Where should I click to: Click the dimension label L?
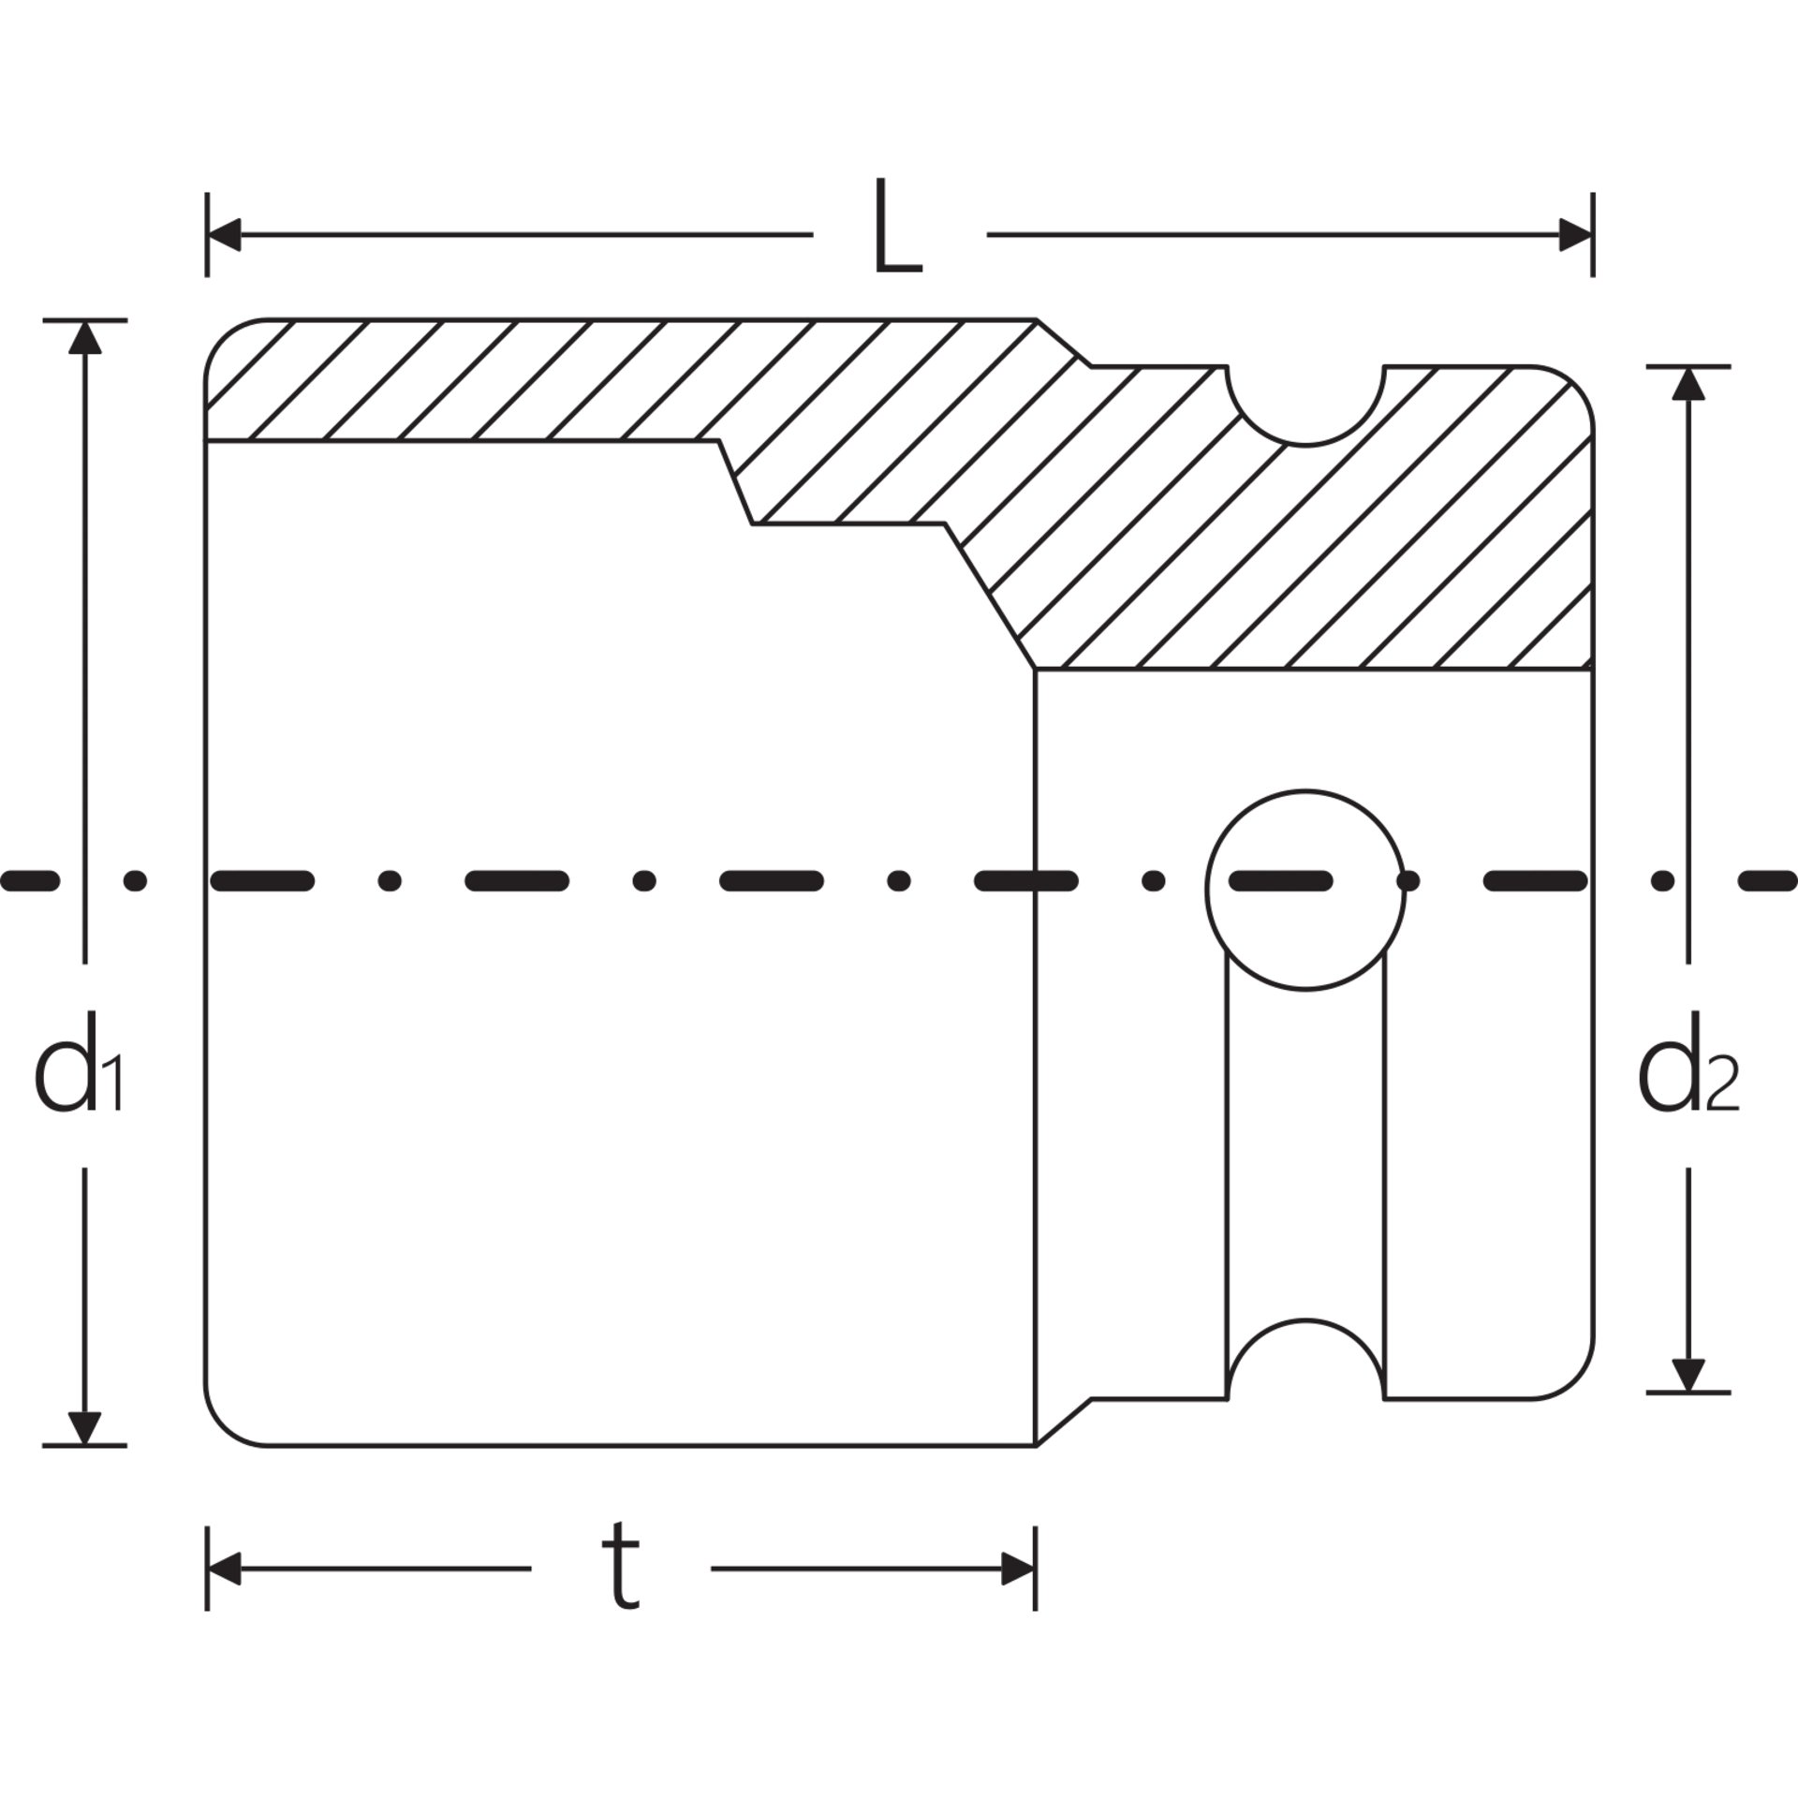click(x=897, y=226)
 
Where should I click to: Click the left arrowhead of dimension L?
click(x=224, y=235)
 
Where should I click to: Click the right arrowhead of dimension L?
click(x=1575, y=235)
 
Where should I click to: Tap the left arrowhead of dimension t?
click(x=224, y=1569)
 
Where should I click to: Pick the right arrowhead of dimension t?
click(x=1018, y=1569)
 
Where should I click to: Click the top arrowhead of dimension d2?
click(x=1688, y=383)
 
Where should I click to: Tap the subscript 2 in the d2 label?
click(x=1723, y=1087)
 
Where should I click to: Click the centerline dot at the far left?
click(x=136, y=880)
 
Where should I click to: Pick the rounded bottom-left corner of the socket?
click(x=223, y=1427)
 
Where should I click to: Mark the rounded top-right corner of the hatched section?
click(x=1575, y=384)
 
